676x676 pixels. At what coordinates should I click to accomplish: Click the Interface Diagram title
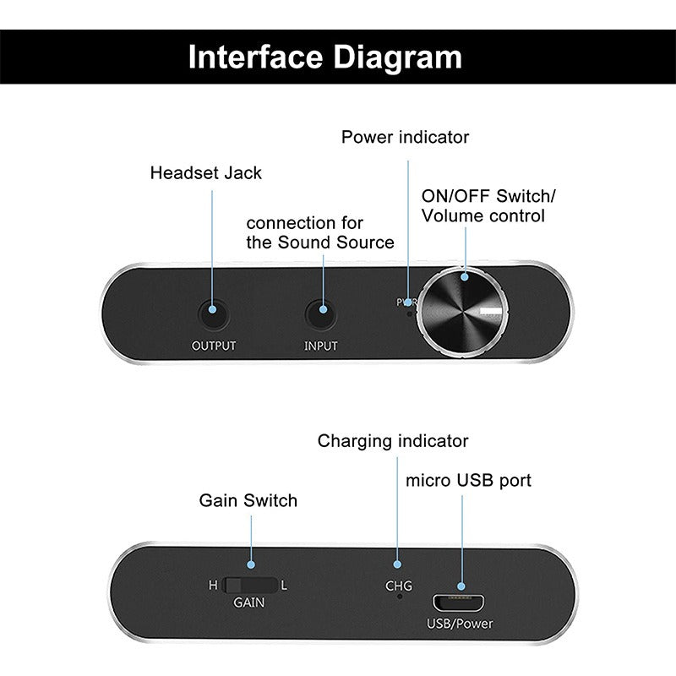click(325, 57)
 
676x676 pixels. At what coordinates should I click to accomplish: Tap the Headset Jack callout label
click(206, 173)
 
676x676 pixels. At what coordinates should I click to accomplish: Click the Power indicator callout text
click(405, 137)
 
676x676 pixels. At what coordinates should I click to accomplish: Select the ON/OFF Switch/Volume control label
click(488, 206)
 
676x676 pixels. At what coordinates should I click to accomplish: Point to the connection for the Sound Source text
click(319, 233)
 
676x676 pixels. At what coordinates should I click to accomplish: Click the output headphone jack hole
click(214, 314)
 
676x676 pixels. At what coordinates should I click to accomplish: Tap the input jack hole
click(320, 314)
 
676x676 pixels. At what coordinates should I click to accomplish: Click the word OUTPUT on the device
click(214, 346)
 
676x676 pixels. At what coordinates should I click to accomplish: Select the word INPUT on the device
click(320, 346)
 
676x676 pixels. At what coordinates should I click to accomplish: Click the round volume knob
click(466, 314)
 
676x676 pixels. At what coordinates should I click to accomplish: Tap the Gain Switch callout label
click(248, 500)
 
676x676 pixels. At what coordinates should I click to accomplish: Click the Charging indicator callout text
click(393, 441)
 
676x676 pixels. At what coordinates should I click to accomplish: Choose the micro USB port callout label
click(468, 481)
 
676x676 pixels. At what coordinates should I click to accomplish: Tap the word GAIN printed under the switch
click(248, 603)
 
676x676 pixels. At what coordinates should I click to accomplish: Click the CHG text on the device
click(399, 585)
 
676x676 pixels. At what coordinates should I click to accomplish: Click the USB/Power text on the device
click(461, 624)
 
